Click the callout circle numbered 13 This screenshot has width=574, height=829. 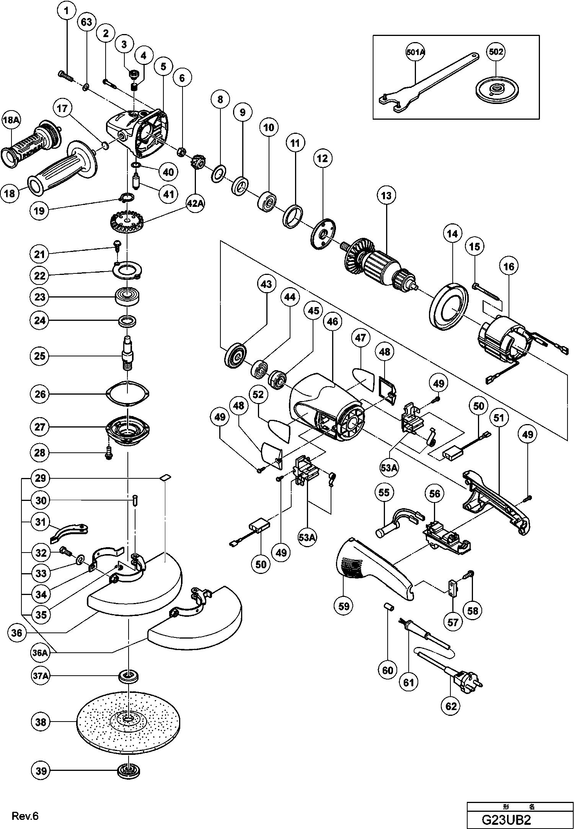point(386,196)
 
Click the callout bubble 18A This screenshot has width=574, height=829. point(11,120)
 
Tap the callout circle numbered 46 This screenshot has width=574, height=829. point(333,322)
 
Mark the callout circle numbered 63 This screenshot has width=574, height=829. point(86,22)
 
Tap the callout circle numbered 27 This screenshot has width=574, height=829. point(40,427)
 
